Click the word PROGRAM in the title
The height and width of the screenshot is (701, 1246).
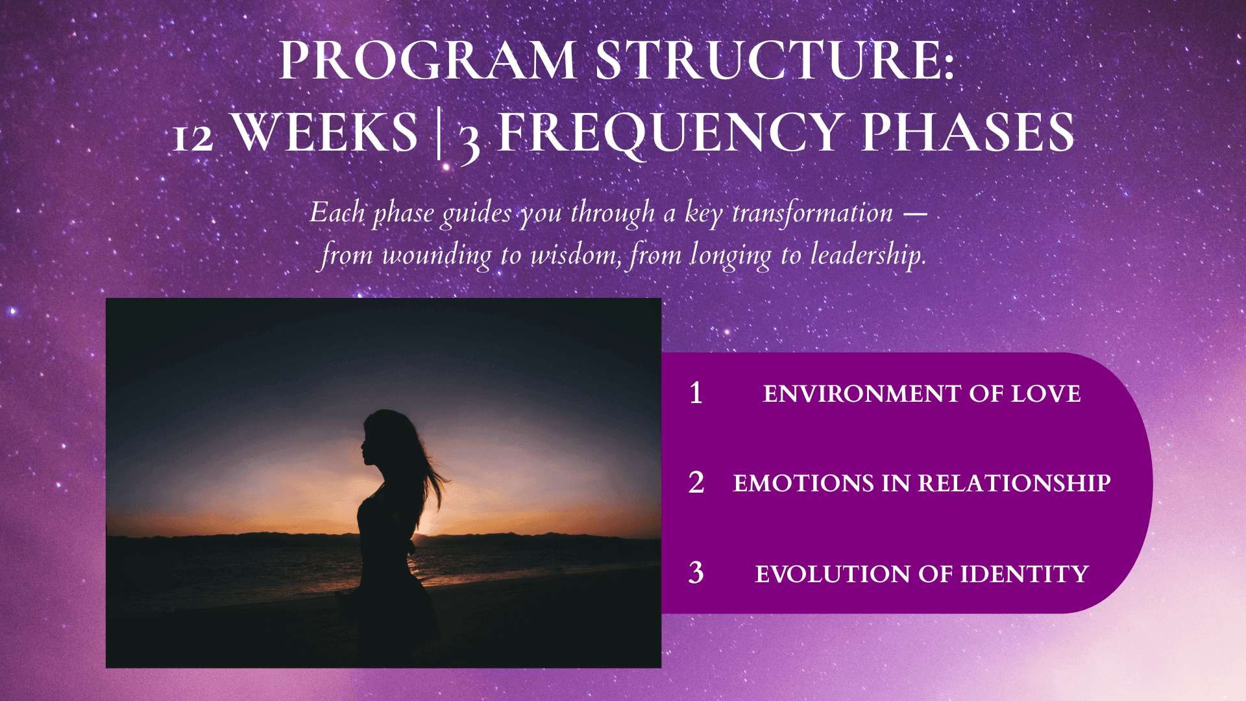pos(428,60)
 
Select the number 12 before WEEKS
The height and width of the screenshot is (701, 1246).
pos(193,137)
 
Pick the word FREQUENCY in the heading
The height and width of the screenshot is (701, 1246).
pos(670,133)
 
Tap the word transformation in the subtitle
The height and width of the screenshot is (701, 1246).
pos(812,213)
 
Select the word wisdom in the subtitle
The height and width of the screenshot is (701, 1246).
pos(576,254)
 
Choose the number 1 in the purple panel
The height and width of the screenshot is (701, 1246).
pos(696,393)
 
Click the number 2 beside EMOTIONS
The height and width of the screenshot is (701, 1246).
pos(696,483)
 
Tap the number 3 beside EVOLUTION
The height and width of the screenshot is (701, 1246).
pos(696,573)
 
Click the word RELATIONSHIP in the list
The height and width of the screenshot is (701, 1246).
pos(1014,484)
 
